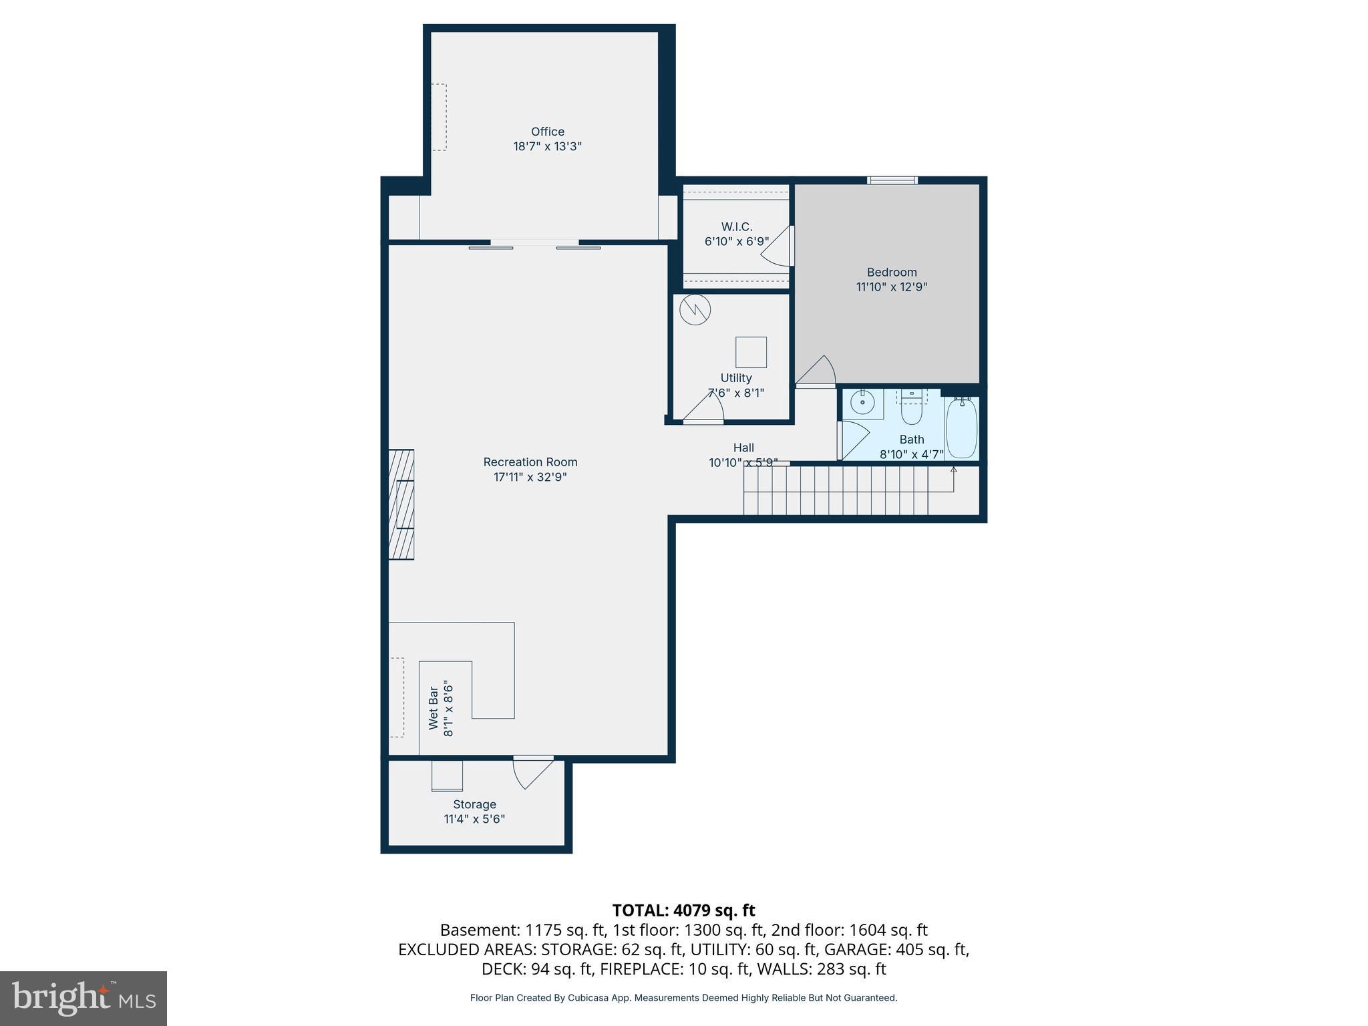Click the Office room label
coord(547,132)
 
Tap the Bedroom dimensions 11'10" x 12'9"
coord(892,287)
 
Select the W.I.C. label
coord(737,227)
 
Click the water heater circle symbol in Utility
coord(695,310)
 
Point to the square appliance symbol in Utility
coord(751,352)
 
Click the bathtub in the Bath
coord(962,427)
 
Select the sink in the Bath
coord(863,403)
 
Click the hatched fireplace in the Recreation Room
coord(401,504)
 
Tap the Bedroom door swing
coord(818,371)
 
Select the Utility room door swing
coord(705,406)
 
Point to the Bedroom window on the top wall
coord(892,180)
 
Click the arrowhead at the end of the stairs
coord(953,470)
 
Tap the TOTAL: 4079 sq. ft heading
coord(683,910)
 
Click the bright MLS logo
coord(83,998)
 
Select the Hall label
coord(743,448)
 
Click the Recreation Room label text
coord(530,462)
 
